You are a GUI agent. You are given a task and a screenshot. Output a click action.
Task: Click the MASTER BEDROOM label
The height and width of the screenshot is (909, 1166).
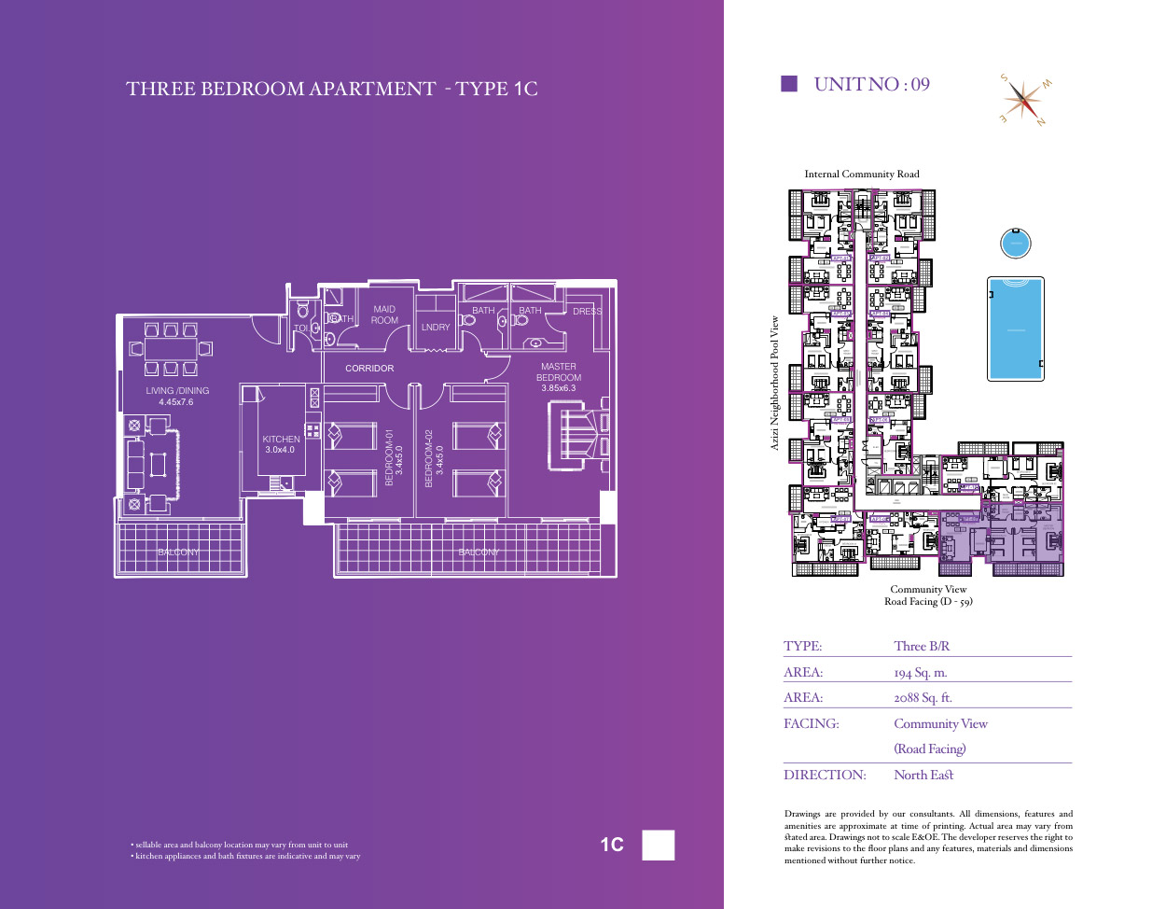click(558, 371)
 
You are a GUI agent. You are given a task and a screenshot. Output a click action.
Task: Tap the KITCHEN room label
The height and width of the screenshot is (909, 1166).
click(281, 439)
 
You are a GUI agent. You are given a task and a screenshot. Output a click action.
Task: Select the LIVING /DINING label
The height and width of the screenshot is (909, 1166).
click(177, 391)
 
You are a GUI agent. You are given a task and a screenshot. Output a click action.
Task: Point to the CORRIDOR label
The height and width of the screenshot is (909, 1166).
click(369, 369)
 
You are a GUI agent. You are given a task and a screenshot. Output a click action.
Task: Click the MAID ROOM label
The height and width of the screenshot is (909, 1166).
click(384, 315)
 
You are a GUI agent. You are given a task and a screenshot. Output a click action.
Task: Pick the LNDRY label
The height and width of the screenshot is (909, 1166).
click(436, 328)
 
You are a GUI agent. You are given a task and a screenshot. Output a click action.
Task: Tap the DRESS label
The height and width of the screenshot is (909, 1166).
click(587, 312)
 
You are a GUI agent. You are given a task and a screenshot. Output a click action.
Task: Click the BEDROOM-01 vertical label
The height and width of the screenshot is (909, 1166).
click(390, 457)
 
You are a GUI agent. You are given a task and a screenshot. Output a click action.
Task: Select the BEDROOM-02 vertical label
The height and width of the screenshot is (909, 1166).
click(429, 458)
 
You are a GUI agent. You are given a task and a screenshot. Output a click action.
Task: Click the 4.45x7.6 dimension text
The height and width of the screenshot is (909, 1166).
click(176, 402)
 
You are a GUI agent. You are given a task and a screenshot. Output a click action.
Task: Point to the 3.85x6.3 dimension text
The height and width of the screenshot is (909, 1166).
click(558, 388)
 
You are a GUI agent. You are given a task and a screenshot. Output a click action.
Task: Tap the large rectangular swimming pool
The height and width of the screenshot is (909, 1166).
click(1016, 329)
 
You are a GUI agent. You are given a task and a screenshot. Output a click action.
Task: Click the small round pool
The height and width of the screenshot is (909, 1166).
click(1015, 244)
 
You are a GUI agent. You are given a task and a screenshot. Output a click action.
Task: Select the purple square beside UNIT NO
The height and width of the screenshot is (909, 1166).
click(789, 84)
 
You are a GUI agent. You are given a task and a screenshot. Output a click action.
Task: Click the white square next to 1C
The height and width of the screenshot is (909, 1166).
click(659, 845)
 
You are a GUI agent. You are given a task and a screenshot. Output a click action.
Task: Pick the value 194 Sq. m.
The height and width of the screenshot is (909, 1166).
click(920, 673)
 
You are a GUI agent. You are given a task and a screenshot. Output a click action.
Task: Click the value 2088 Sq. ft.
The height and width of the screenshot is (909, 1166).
click(923, 698)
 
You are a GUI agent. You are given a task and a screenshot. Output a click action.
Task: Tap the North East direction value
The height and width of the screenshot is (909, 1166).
click(923, 776)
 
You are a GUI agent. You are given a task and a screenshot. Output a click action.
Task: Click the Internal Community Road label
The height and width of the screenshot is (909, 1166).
click(862, 175)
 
